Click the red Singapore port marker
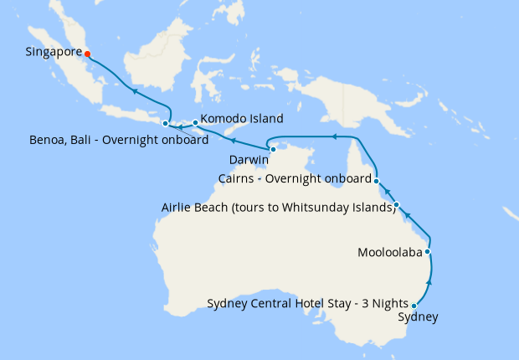[x=88, y=54]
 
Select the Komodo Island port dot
[x=195, y=123]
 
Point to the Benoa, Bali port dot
[x=165, y=124]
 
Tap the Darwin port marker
[x=273, y=149]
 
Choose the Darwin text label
[x=249, y=159]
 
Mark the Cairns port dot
[x=377, y=181]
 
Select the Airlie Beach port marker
[x=397, y=205]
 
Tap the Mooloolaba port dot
[x=428, y=251]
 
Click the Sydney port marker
[x=414, y=306]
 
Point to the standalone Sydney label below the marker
[x=417, y=317]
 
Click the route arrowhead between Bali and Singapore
[x=134, y=93]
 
